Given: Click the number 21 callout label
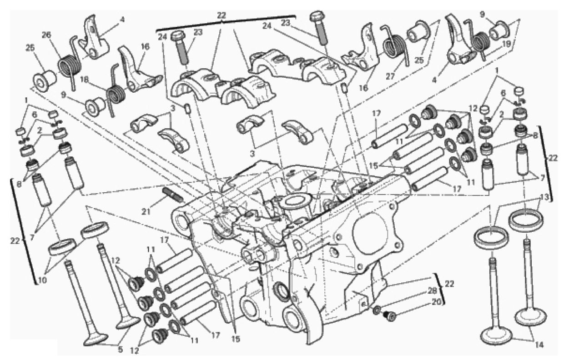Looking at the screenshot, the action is (x=146, y=211).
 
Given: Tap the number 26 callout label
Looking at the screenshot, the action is (x=46, y=35).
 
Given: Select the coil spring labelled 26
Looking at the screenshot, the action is (x=70, y=64).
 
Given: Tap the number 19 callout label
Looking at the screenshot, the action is (x=499, y=45).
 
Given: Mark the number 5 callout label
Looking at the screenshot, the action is (x=120, y=350).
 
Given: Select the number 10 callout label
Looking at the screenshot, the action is (x=42, y=280).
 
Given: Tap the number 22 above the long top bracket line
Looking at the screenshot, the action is (x=221, y=15).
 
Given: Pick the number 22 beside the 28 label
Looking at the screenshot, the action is (x=448, y=284).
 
